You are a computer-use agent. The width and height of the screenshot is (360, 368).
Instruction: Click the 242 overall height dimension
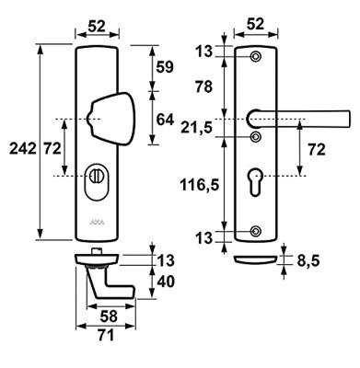click(x=22, y=149)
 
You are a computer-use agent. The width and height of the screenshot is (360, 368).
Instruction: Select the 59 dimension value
click(x=165, y=67)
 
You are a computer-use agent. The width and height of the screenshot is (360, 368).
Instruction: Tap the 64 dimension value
click(x=165, y=120)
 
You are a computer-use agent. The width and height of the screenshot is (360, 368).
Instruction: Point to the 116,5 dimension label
click(x=200, y=185)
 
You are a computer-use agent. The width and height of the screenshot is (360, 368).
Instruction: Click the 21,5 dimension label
click(x=196, y=127)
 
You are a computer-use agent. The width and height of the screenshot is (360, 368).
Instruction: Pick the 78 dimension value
click(x=203, y=86)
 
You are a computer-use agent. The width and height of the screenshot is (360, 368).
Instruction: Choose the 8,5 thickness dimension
click(x=308, y=261)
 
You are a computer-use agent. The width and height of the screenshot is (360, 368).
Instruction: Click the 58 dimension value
click(x=109, y=316)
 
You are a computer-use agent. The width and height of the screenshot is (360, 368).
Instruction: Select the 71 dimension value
click(x=106, y=335)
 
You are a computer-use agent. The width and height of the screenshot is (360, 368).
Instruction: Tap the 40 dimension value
click(x=166, y=282)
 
